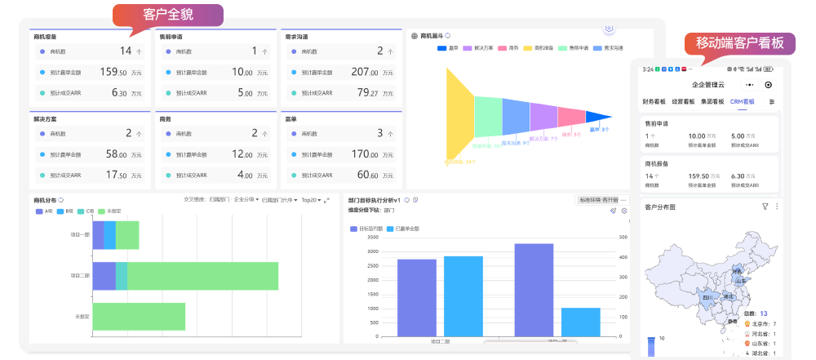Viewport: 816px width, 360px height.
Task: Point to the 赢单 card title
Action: click(x=291, y=118)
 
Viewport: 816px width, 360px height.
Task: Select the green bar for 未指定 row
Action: click(x=139, y=316)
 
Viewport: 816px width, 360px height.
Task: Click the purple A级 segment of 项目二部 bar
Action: click(x=104, y=276)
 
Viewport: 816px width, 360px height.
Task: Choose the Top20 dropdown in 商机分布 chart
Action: click(x=311, y=199)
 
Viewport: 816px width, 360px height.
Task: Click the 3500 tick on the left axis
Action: click(x=373, y=237)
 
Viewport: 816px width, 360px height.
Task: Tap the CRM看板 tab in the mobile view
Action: click(x=742, y=102)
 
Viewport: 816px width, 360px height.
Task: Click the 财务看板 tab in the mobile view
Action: click(x=654, y=102)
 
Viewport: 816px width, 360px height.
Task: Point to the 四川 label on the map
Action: click(x=707, y=297)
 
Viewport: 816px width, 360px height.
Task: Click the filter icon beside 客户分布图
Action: click(x=765, y=207)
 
